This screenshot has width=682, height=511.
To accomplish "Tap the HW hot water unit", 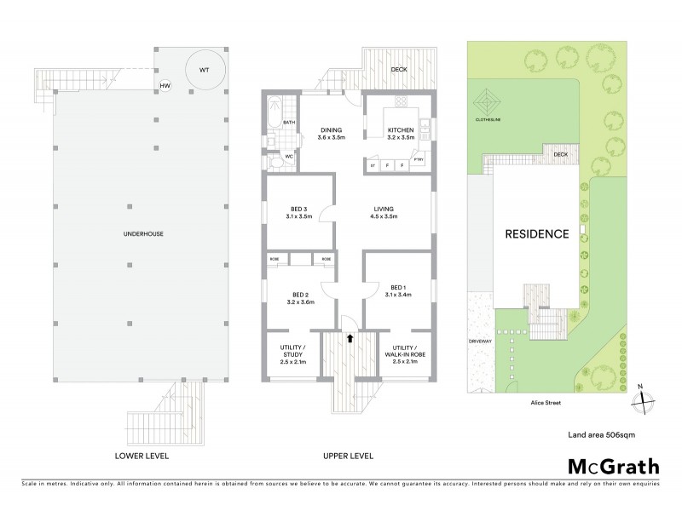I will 165,85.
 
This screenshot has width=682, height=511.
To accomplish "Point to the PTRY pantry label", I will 418,159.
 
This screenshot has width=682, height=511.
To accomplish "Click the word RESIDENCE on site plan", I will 535,234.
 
